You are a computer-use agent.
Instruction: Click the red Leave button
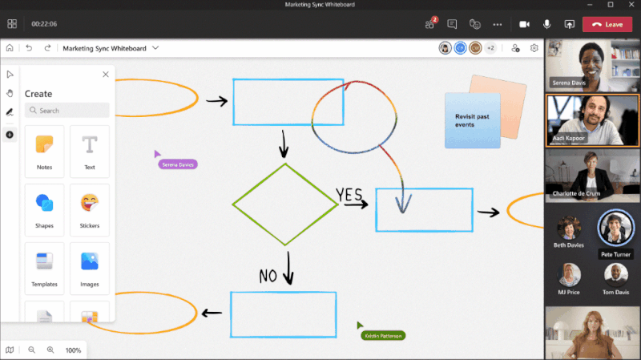607,24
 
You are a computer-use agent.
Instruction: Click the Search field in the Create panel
67,111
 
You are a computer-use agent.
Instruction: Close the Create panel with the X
106,75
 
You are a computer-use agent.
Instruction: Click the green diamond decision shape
285,204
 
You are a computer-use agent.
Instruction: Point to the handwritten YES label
349,195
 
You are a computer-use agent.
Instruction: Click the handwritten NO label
268,276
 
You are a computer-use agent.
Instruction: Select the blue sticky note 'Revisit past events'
472,121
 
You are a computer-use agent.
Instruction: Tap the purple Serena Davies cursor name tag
178,164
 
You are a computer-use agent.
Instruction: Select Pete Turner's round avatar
616,227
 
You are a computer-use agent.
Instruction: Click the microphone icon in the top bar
547,24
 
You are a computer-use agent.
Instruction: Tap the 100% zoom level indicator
73,350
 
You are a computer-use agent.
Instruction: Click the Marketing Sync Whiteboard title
104,48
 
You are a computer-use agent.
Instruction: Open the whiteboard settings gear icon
534,48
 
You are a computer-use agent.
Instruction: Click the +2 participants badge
490,48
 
